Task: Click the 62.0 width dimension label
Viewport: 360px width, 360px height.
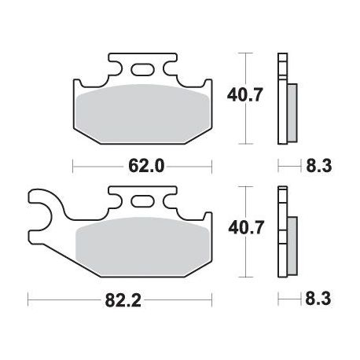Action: pyautogui.click(x=146, y=166)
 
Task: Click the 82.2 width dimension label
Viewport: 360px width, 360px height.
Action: pyautogui.click(x=123, y=300)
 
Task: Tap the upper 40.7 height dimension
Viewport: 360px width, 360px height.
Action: pyautogui.click(x=244, y=95)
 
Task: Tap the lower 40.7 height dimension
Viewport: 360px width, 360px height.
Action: pyautogui.click(x=245, y=227)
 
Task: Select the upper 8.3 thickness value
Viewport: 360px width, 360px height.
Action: pyautogui.click(x=319, y=166)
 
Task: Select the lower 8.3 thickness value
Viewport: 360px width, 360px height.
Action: pyautogui.click(x=318, y=299)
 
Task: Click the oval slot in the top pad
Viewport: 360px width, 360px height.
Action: pyautogui.click(x=142, y=70)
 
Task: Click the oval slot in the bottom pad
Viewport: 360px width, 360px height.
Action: pyautogui.click(x=142, y=202)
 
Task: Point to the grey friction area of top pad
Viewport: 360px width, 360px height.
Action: pyautogui.click(x=143, y=114)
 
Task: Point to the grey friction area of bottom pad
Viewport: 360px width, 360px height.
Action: pyautogui.click(x=143, y=247)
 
